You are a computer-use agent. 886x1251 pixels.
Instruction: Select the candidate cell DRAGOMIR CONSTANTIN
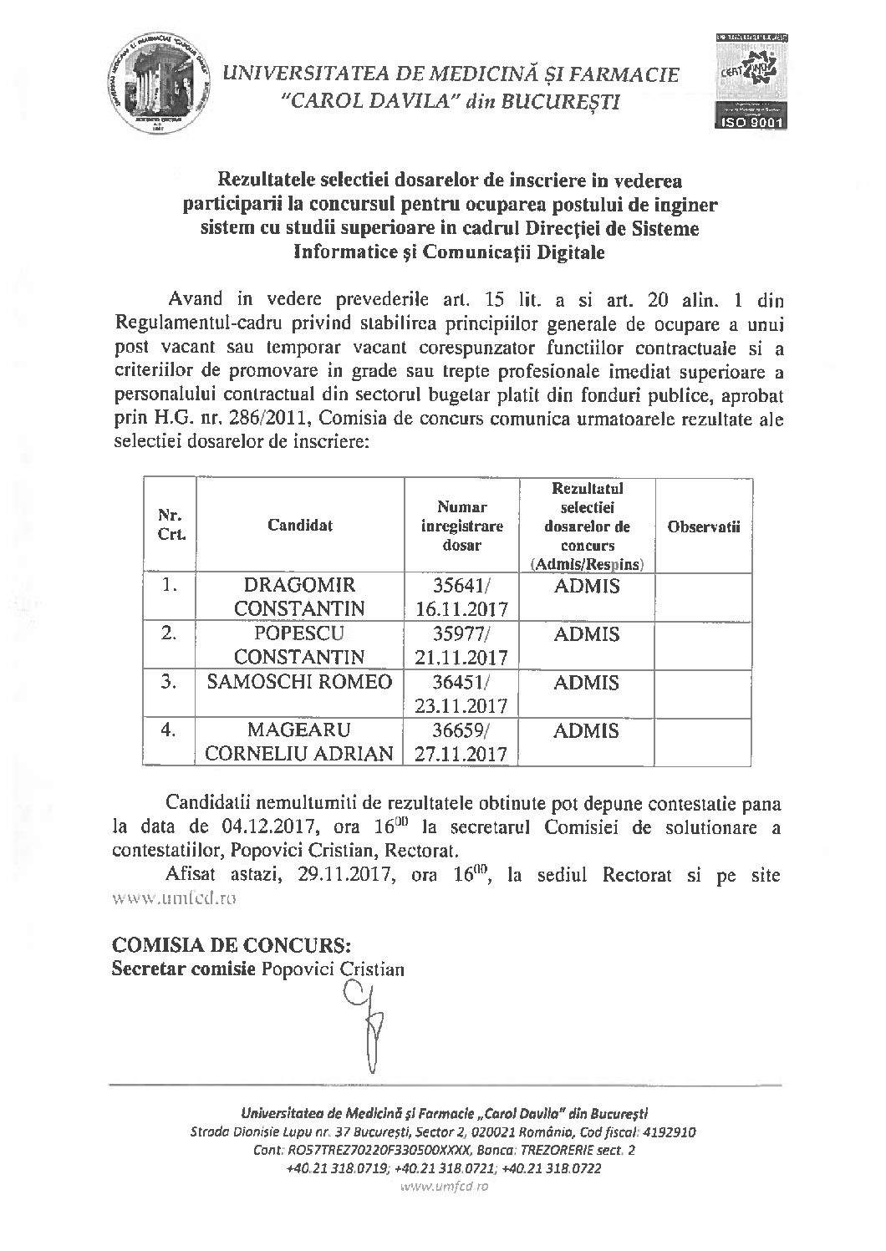click(x=299, y=597)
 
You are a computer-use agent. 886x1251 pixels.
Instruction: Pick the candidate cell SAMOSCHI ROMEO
click(x=299, y=682)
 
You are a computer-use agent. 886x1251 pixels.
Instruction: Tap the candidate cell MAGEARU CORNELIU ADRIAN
click(x=299, y=742)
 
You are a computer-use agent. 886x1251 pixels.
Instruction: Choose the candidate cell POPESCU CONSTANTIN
click(x=299, y=645)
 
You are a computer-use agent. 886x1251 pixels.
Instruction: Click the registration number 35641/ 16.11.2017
click(x=461, y=597)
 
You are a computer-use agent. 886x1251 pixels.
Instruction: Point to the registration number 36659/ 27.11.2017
click(x=461, y=742)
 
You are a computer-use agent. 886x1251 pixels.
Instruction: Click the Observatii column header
click(x=704, y=526)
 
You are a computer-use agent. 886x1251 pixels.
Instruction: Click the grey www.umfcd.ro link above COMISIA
click(x=175, y=899)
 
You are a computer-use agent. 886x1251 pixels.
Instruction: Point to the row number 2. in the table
click(x=170, y=634)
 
